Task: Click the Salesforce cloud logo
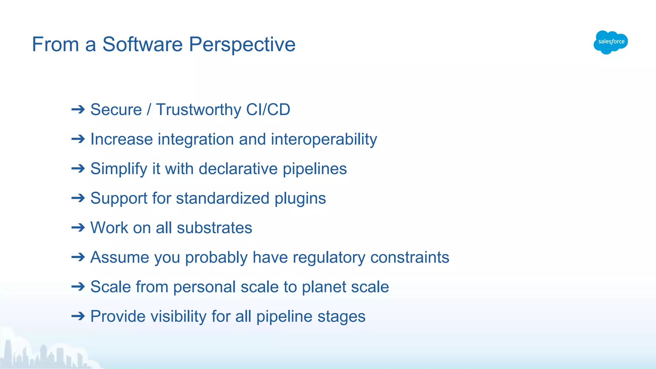pos(611,42)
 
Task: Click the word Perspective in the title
pos(242,45)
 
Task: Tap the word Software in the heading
pos(142,45)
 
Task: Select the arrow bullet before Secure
pos(78,110)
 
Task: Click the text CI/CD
pos(268,110)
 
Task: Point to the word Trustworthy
pos(198,110)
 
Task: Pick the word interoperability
pos(324,140)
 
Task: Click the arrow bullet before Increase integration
pos(78,139)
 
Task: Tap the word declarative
pos(238,169)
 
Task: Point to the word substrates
pos(214,228)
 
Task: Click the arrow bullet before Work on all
pos(78,228)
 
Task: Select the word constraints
pos(410,258)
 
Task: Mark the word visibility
pos(178,316)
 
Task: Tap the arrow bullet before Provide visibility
pos(78,316)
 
